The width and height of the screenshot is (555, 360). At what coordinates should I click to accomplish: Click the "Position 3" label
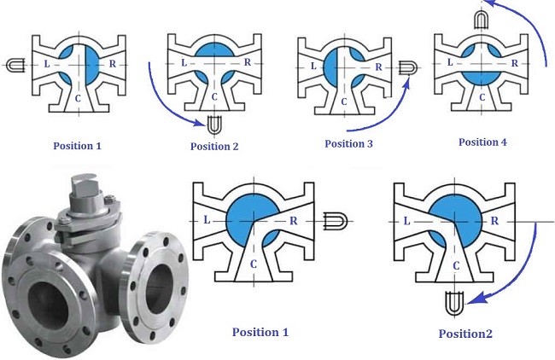click(x=348, y=143)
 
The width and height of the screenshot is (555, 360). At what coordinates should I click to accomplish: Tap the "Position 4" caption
click(x=482, y=142)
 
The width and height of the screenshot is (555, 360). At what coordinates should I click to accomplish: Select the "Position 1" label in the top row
click(x=76, y=146)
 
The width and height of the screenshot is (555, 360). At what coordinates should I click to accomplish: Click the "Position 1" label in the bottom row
click(x=267, y=332)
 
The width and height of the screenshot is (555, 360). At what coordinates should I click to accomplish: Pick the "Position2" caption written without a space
click(x=465, y=334)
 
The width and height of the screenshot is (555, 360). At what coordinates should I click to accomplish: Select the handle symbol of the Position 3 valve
click(x=408, y=66)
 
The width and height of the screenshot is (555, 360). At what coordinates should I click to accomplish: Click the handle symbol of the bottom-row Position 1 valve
click(x=334, y=221)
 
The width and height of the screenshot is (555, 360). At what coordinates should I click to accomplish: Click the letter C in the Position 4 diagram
click(x=482, y=96)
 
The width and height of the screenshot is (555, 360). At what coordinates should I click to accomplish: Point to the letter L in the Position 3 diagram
click(x=313, y=66)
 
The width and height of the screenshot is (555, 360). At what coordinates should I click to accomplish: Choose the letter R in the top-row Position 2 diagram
click(x=246, y=62)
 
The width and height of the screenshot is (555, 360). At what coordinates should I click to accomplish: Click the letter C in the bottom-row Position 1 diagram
click(x=254, y=264)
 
